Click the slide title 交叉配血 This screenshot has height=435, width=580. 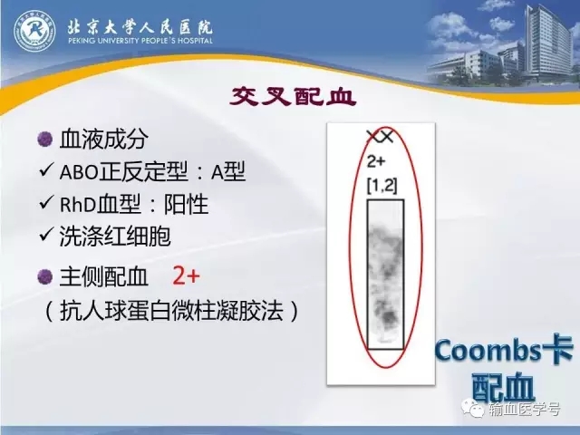tap(293, 97)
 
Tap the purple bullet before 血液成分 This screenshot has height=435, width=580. tap(45, 140)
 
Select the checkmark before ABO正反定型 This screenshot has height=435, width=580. tap(46, 170)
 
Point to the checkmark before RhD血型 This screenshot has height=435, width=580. tap(46, 202)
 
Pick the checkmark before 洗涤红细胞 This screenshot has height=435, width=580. tap(46, 235)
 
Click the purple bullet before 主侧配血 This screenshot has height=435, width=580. tap(45, 276)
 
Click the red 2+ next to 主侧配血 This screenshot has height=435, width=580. tap(186, 275)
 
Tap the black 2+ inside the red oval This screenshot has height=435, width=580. tap(376, 161)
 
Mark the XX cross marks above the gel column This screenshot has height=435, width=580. tap(380, 137)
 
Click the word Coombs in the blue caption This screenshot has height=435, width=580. tap(488, 351)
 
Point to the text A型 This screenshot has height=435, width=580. tap(228, 171)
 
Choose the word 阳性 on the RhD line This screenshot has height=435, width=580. tap(186, 204)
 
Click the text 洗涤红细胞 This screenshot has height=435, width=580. tap(115, 236)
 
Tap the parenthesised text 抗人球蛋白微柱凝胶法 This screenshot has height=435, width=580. tap(171, 310)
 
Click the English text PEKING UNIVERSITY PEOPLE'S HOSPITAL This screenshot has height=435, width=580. tap(140, 40)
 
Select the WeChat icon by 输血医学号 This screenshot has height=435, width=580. tap(474, 408)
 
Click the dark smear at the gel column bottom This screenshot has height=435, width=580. tap(387, 316)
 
